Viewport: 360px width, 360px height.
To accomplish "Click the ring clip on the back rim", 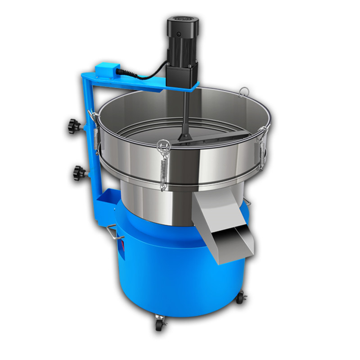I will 243,91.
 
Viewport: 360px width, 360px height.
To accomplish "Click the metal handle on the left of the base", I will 115,234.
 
